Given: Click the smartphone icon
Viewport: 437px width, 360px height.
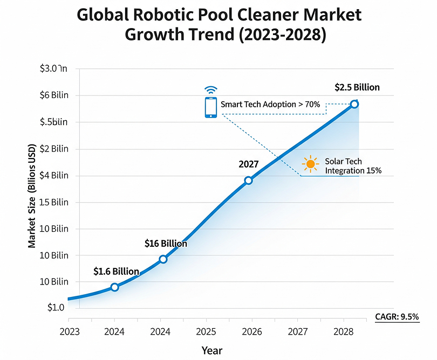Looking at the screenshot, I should (210, 108).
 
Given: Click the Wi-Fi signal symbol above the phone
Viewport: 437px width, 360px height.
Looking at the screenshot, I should (210, 89).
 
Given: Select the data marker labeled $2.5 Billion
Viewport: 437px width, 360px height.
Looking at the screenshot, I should (354, 104).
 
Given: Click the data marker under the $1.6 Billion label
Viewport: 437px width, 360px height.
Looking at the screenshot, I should (114, 287).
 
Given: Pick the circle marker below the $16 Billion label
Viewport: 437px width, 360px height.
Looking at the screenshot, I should (163, 259).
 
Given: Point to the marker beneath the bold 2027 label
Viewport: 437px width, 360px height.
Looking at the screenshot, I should (248, 180).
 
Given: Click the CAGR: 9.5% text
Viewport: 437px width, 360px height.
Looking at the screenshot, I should (397, 317).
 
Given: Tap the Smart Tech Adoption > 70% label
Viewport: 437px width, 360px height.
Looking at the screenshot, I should (270, 104).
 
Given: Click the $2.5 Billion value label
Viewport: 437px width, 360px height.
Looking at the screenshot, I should (357, 87).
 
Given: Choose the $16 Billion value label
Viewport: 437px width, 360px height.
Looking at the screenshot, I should (166, 244).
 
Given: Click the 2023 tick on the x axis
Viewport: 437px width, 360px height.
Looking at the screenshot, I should (69, 331).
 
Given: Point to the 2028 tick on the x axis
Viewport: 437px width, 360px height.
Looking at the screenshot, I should (343, 331).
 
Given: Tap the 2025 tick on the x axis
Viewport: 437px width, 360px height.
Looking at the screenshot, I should (206, 331).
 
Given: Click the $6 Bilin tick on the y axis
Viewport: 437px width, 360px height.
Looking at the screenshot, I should (54, 95).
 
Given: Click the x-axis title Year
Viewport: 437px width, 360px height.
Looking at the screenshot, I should (211, 350).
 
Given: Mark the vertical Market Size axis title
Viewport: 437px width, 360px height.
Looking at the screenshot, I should (32, 197).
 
